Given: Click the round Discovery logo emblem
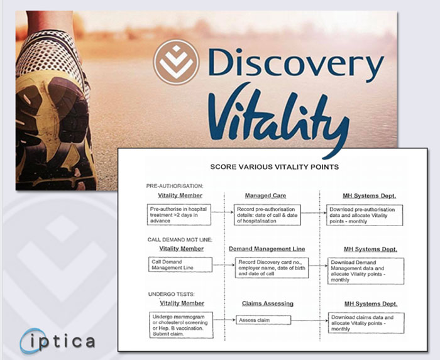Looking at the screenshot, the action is tap(176, 62).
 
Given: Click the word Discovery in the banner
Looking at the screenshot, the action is tap(296, 63).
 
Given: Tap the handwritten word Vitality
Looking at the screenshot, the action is tap(278, 117).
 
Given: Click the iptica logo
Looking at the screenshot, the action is tap(58, 341).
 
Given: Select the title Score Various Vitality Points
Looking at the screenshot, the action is tap(275, 167).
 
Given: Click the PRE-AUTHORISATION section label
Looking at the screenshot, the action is tap(175, 186).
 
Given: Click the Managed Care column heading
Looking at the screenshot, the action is tap(265, 195).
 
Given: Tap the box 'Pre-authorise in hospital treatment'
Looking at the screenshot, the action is tap(179, 215).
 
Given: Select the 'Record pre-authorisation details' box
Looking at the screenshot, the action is tap(267, 215).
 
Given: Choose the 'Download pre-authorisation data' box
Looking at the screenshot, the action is tap(365, 215).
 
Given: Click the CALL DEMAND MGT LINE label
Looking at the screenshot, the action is tap(180, 240).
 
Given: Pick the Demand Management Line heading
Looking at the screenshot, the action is tap(267, 249).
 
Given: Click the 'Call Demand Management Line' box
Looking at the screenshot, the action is tap(180, 265).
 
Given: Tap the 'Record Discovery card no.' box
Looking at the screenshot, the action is tap(272, 268).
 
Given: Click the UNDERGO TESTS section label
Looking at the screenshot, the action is tap(171, 294).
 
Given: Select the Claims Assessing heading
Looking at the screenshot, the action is tap(268, 303).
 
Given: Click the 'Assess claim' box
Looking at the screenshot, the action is tap(263, 320).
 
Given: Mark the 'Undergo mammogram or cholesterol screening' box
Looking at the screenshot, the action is tap(181, 325).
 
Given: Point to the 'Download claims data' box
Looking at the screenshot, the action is tap(366, 323).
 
